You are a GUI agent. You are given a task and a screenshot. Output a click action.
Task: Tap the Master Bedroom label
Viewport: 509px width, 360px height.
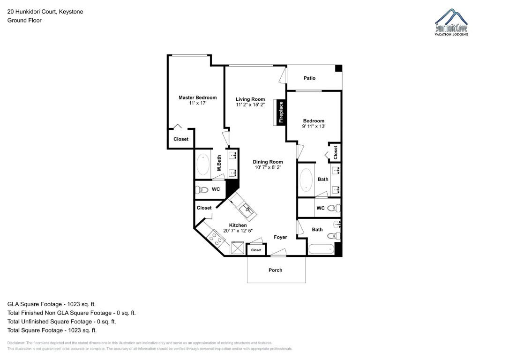tap(197, 97)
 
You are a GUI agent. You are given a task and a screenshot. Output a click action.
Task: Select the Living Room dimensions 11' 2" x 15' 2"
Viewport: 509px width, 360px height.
tap(250, 105)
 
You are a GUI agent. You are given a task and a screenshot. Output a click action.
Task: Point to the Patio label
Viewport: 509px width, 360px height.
tap(309, 78)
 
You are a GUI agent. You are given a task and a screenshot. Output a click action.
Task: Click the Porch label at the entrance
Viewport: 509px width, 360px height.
tap(276, 270)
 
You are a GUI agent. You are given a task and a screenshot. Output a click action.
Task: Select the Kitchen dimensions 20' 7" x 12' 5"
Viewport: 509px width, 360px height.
tap(238, 231)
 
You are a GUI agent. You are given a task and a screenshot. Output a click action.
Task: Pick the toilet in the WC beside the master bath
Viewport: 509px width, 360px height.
tap(203, 190)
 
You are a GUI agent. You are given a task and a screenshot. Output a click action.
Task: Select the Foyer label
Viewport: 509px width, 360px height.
tap(280, 237)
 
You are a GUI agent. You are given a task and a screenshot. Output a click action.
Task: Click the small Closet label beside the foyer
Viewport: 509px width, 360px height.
tap(256, 250)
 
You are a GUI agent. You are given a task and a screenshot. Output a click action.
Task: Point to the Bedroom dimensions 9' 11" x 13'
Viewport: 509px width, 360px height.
tap(314, 126)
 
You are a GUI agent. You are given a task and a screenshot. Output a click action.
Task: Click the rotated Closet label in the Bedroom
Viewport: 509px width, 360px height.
tap(335, 151)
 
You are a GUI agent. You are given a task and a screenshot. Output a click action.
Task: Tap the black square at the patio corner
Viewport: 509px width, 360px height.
tap(338, 68)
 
